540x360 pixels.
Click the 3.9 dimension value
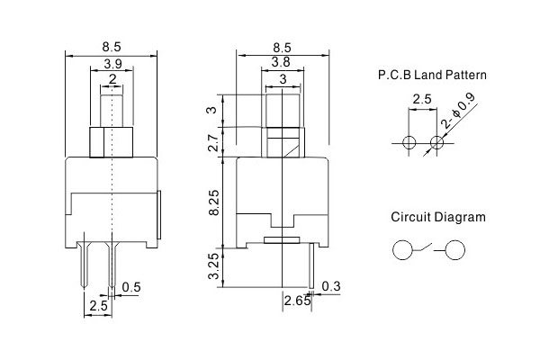tap(113, 64)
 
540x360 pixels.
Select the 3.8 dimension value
tap(282, 63)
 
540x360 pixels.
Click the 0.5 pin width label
tap(130, 287)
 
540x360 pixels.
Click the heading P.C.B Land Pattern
tap(433, 77)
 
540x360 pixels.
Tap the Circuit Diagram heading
tap(438, 217)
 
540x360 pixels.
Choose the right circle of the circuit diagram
tap(457, 251)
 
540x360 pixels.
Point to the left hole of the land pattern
tap(409, 142)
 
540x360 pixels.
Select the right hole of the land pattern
tap(438, 142)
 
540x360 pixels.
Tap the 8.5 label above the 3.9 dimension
tap(113, 46)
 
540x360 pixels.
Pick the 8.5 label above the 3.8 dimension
tap(282, 46)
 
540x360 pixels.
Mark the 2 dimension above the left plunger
tap(112, 80)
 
